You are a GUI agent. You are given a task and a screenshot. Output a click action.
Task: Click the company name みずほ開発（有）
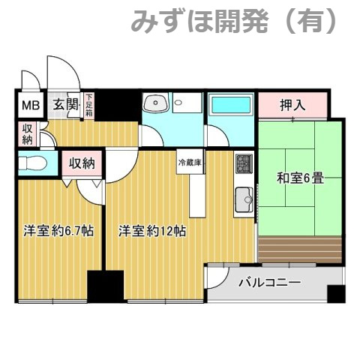(235, 20)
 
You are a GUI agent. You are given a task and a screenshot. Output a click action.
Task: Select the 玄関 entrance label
(65, 105)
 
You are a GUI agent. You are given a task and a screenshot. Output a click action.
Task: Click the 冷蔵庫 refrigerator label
(190, 162)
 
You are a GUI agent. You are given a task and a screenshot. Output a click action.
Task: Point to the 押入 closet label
(292, 104)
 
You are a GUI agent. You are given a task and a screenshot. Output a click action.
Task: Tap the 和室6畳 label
(300, 179)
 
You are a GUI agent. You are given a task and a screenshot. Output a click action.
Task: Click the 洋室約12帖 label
(152, 232)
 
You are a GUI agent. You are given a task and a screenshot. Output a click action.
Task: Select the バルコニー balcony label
(269, 283)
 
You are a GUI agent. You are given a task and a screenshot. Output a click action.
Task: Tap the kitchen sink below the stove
(244, 199)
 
